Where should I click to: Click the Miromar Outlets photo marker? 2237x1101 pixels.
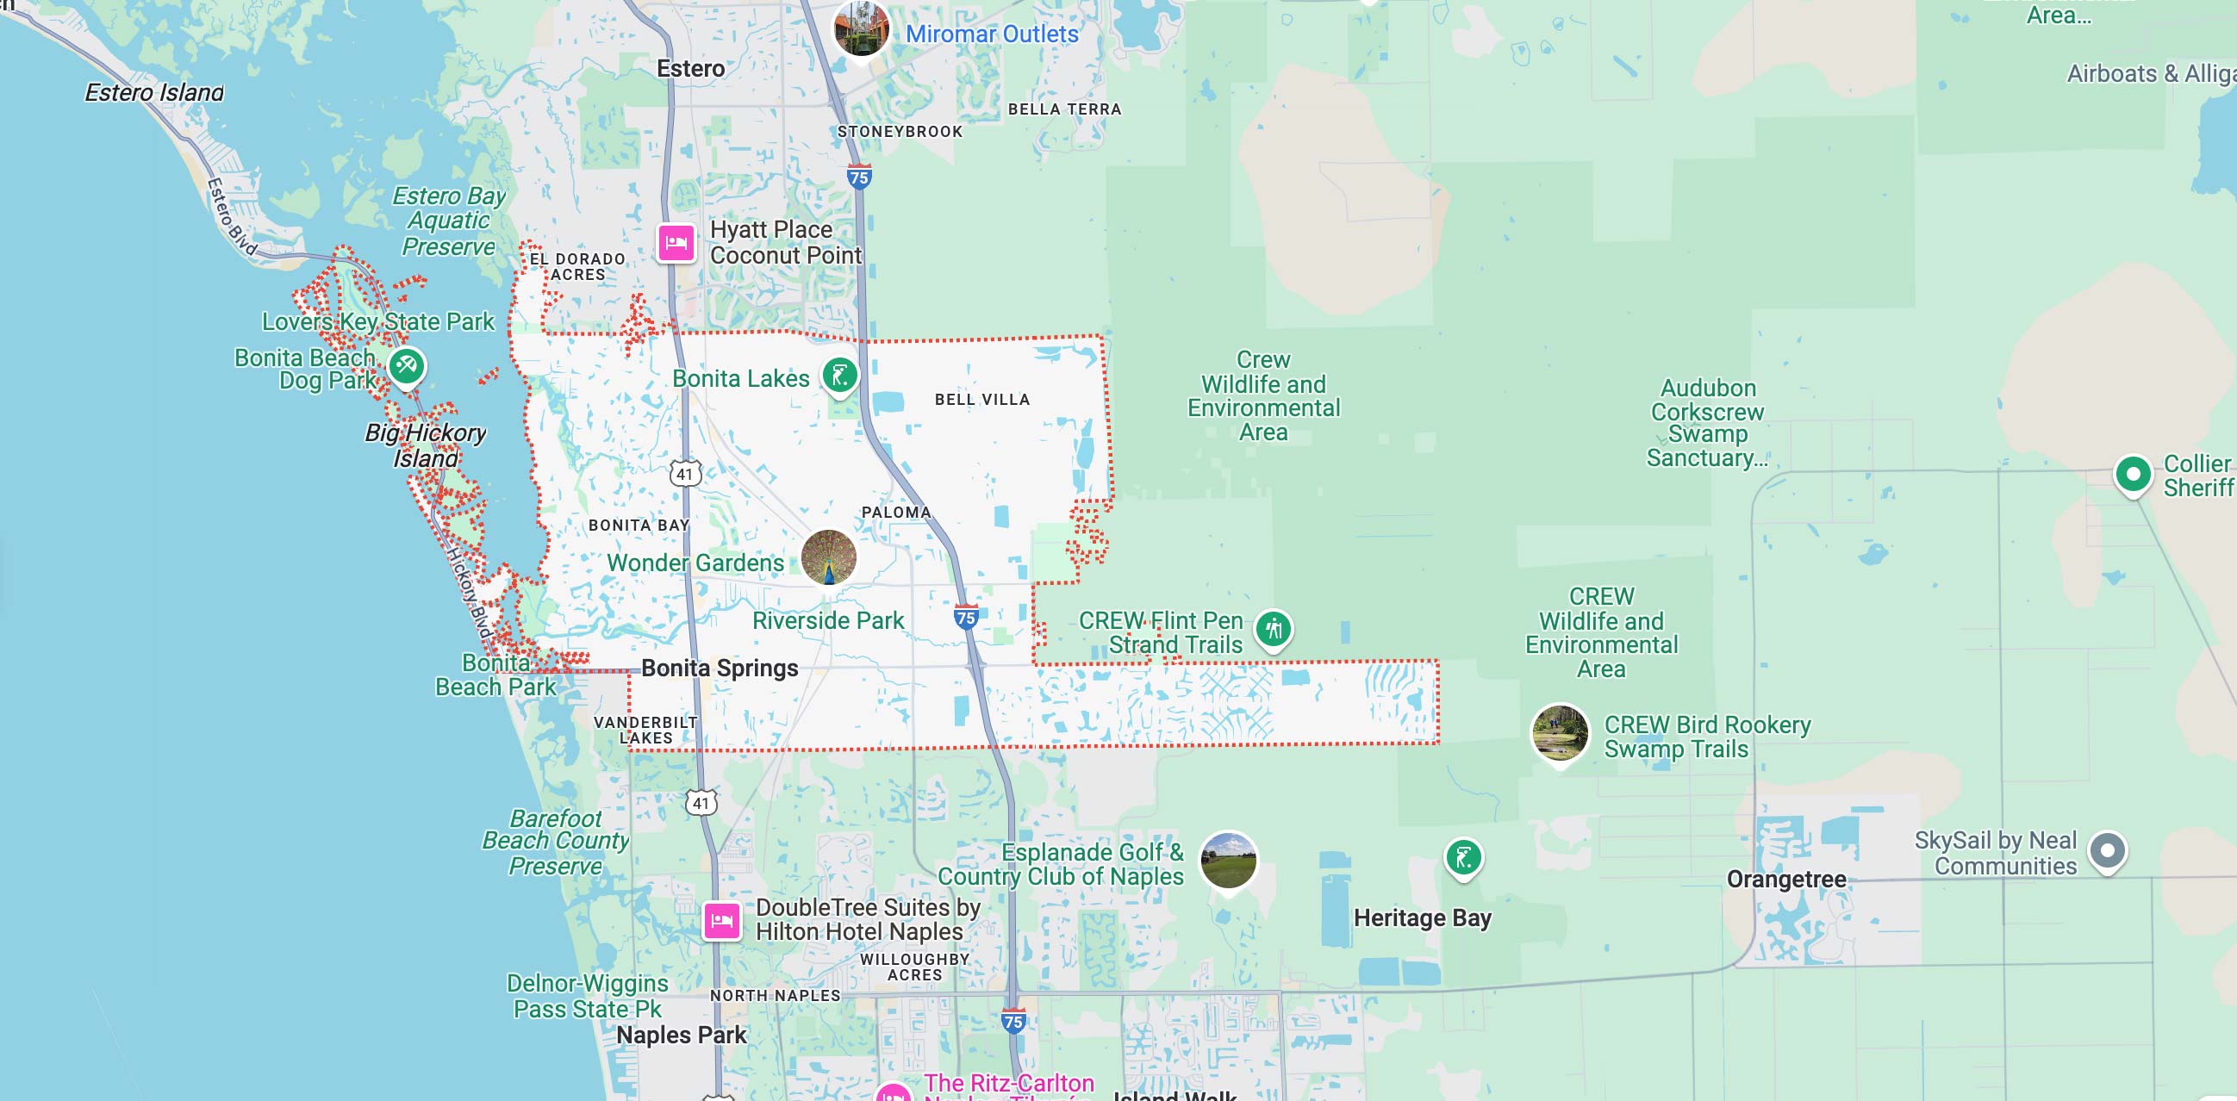point(861,28)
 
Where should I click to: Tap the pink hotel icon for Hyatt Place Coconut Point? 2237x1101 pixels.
point(676,242)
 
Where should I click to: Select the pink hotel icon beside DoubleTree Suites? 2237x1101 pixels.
point(721,920)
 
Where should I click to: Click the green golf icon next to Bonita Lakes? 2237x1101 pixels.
point(840,376)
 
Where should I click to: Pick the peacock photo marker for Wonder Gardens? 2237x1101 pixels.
point(828,557)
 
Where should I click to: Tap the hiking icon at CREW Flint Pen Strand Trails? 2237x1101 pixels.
point(1274,628)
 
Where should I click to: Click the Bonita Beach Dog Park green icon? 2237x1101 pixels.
point(407,365)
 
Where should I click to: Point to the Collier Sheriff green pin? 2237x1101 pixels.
point(2133,474)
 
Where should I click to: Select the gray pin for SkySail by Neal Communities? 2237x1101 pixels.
point(2107,850)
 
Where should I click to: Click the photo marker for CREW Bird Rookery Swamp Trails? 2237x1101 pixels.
point(1560,732)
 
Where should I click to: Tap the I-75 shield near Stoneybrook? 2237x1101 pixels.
point(859,177)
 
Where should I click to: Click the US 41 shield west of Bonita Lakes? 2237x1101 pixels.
point(685,474)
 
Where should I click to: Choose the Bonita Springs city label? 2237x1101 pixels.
point(719,668)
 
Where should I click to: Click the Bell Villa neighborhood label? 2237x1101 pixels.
point(981,400)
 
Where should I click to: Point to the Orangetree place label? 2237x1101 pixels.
point(1785,879)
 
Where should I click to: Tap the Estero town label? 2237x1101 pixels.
point(690,69)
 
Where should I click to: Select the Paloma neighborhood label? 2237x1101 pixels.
point(895,513)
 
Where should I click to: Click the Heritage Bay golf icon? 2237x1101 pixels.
point(1463,858)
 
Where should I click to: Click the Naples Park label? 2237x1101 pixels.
point(681,1035)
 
